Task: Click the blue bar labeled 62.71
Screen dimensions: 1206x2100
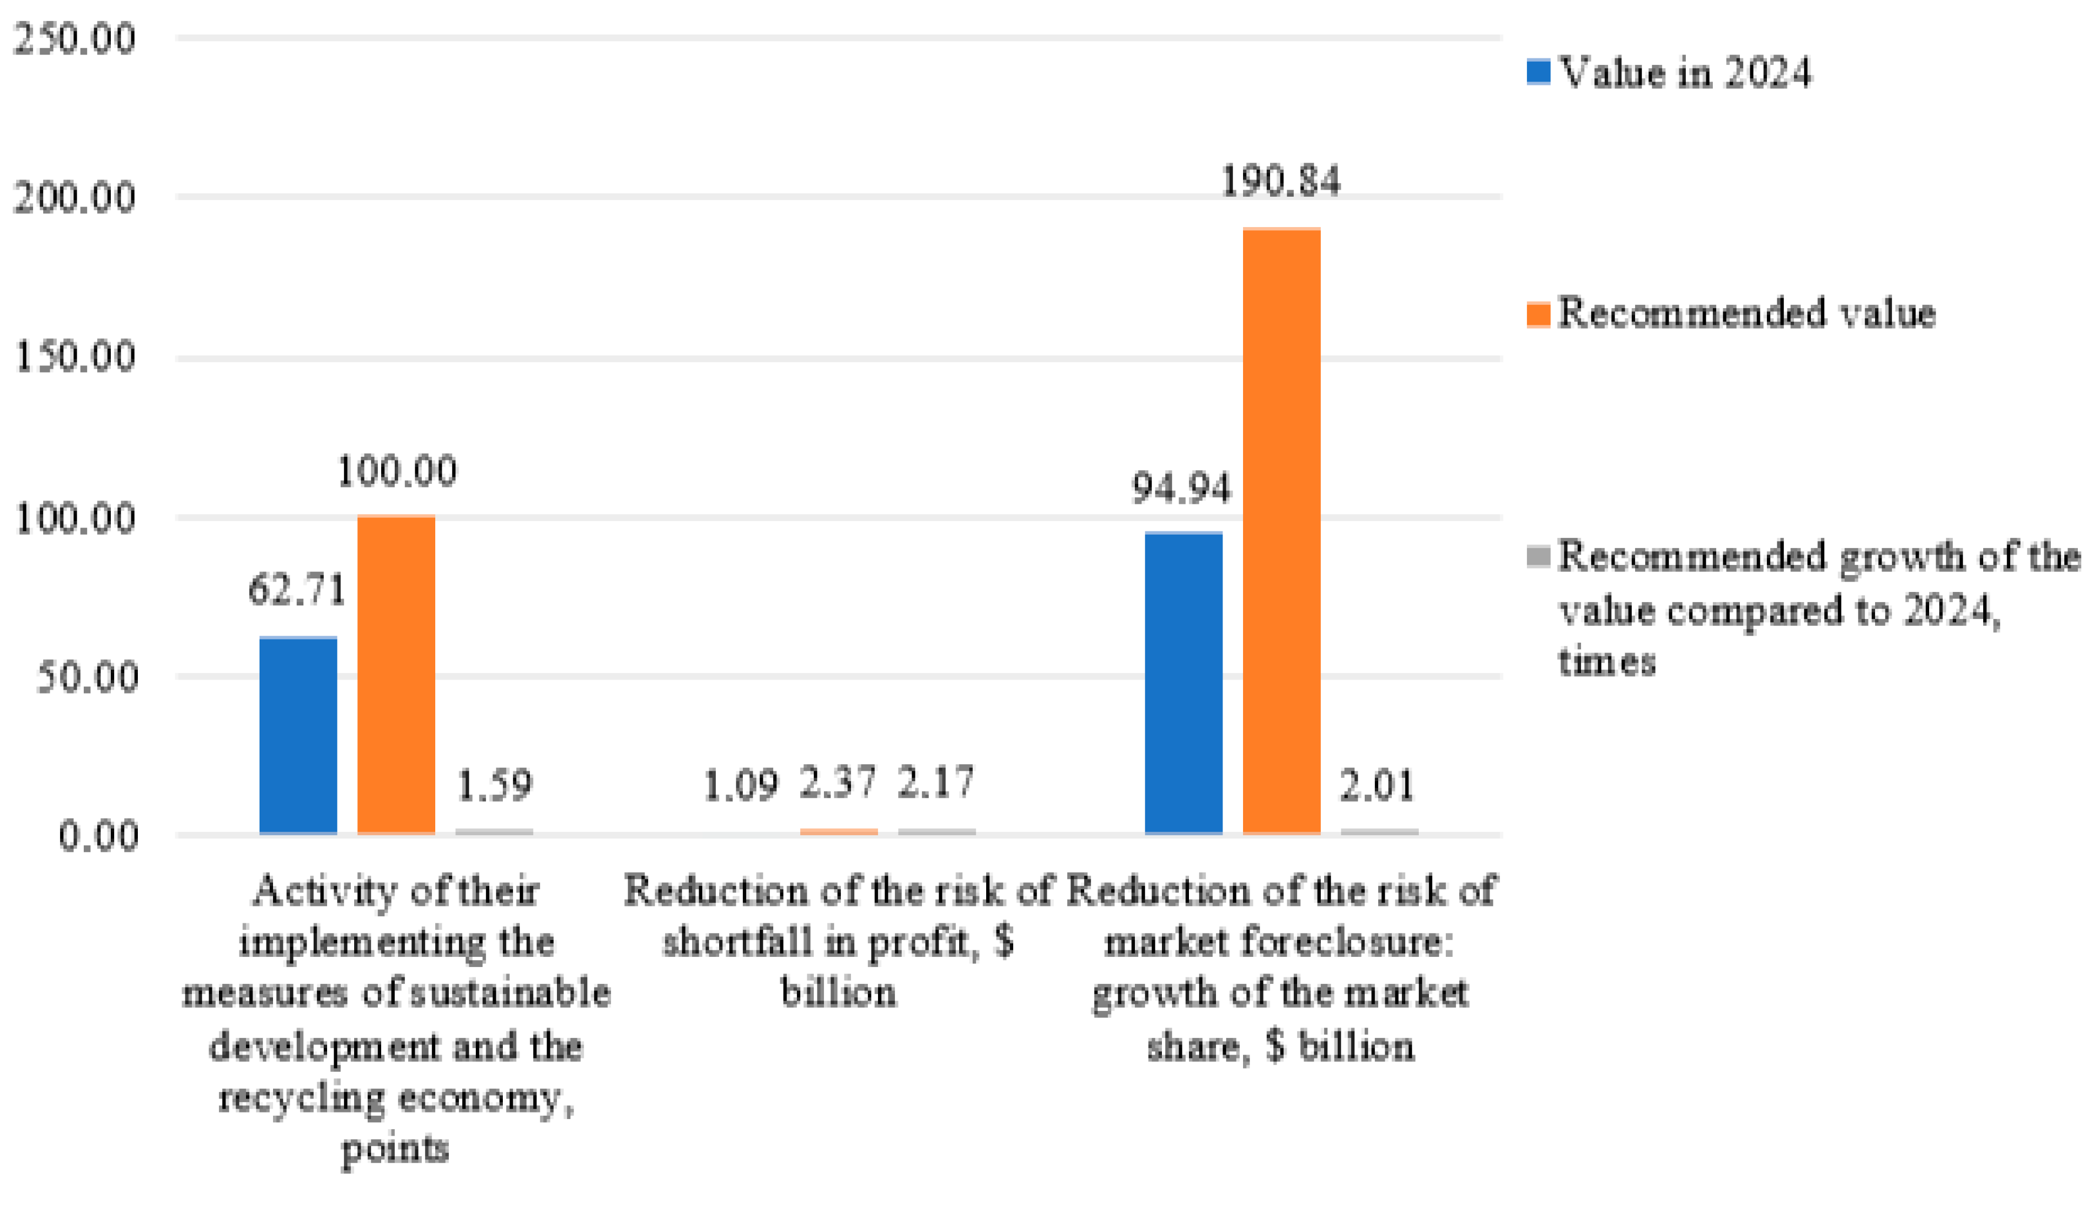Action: (x=298, y=736)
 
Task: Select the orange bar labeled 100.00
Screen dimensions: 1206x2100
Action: (x=396, y=675)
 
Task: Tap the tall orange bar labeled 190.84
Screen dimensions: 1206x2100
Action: (x=1281, y=530)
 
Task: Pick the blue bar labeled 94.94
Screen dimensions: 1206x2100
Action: (x=1183, y=683)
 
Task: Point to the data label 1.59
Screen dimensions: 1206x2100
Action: (x=495, y=785)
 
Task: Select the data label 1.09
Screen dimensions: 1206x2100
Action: (x=741, y=785)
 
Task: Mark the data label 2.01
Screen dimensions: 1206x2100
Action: (x=1378, y=785)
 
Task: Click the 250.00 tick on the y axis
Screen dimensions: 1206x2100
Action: (x=75, y=39)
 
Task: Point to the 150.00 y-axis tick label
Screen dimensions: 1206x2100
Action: (x=75, y=358)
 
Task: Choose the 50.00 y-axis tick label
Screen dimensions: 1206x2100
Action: (x=86, y=677)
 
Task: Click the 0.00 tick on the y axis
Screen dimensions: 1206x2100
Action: (x=97, y=837)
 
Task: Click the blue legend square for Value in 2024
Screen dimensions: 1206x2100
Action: (x=1538, y=72)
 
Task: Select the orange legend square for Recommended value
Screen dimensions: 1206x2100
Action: (x=1538, y=315)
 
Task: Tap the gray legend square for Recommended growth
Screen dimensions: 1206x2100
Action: (x=1538, y=557)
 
